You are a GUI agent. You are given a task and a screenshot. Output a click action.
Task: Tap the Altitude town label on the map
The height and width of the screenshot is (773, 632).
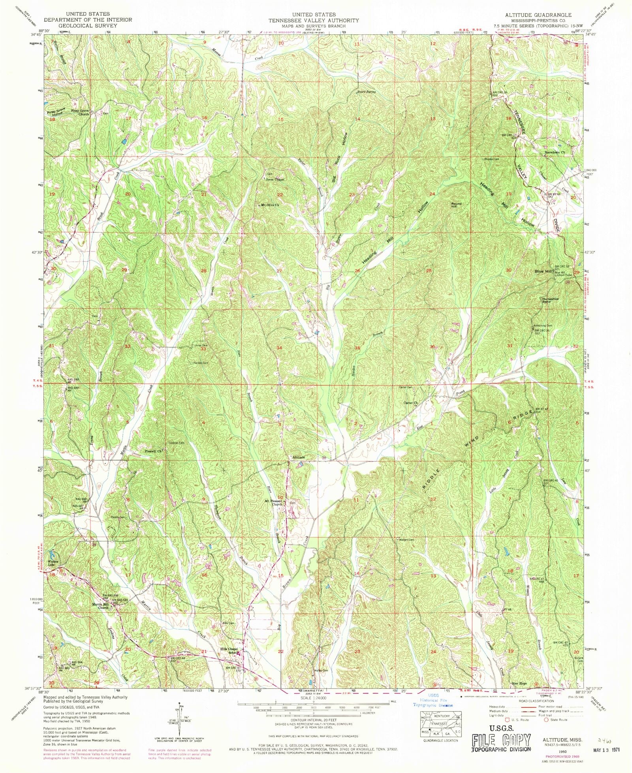tap(298, 457)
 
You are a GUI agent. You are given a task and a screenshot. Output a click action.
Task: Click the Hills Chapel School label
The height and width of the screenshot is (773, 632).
tap(229, 651)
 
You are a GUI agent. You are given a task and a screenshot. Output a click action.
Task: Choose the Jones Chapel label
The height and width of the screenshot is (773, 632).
tap(275, 180)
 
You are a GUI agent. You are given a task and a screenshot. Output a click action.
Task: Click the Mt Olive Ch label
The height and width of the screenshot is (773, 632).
tap(270, 205)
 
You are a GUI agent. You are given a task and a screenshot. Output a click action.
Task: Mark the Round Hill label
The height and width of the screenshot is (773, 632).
tap(456, 205)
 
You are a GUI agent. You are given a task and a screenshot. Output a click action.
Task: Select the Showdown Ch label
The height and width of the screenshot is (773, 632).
tap(555, 152)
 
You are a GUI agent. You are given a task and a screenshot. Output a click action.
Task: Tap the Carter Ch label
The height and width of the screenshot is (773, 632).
tap(410, 403)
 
